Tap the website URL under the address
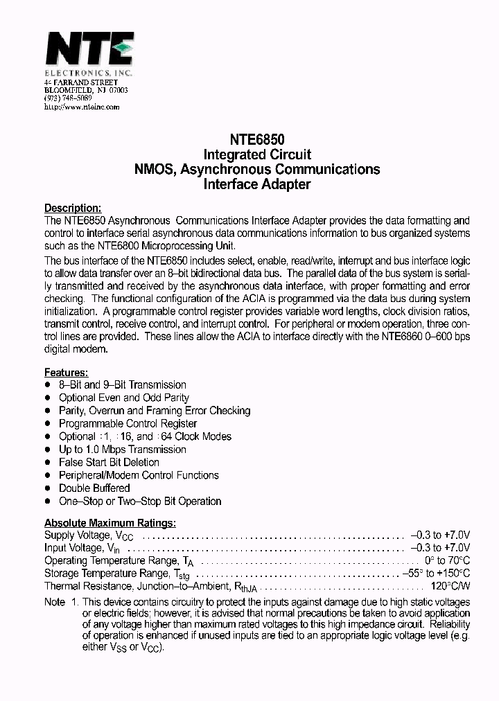tap(82, 107)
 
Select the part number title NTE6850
tap(256, 139)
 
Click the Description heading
tap(73, 208)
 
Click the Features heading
tap(66, 372)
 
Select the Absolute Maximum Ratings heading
tap(110, 522)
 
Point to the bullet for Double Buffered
tap(48, 488)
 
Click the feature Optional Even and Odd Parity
tap(123, 398)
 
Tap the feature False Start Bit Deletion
tap(109, 462)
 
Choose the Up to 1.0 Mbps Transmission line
tap(122, 450)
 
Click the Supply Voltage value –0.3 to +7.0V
tap(440, 535)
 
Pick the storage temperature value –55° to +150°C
tap(436, 574)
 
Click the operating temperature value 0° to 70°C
tap(446, 560)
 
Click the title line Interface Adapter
tap(256, 185)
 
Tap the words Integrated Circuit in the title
tap(256, 154)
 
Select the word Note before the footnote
tap(55, 602)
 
